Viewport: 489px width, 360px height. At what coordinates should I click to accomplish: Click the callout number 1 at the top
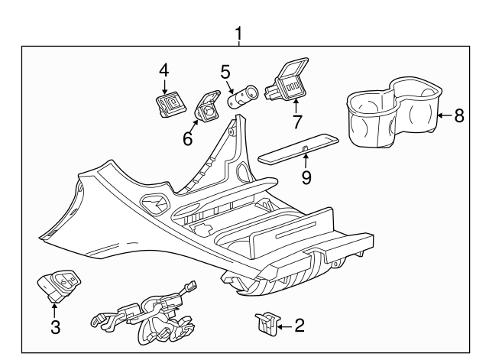[x=239, y=34]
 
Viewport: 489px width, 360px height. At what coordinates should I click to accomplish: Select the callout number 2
[x=300, y=326]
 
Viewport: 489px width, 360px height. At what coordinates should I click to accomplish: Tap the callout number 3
[x=55, y=328]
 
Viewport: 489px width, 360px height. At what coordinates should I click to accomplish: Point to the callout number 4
[x=164, y=70]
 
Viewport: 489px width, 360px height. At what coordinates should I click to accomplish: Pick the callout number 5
[x=225, y=72]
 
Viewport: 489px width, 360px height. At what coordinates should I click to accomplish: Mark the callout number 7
[x=297, y=123]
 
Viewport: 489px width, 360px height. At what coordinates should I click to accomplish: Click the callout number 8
[x=458, y=116]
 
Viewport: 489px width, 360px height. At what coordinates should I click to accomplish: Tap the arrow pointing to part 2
[x=283, y=326]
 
